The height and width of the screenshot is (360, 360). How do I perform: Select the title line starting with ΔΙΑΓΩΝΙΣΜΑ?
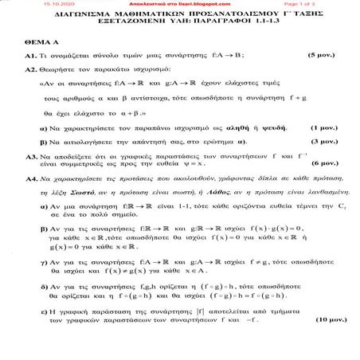[x=179, y=15]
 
